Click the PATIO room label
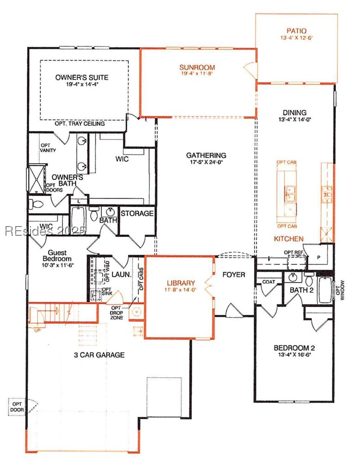[x=296, y=31]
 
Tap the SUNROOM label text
[x=197, y=67]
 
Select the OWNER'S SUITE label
[x=82, y=77]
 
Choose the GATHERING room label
[x=206, y=155]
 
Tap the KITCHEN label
[x=289, y=239]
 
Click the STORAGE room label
[x=137, y=213]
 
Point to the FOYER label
[x=233, y=275]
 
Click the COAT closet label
[x=269, y=281]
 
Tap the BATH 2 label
[x=302, y=290]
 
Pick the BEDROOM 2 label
[x=294, y=348]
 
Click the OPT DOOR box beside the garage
[x=17, y=406]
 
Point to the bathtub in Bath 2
[x=325, y=290]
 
